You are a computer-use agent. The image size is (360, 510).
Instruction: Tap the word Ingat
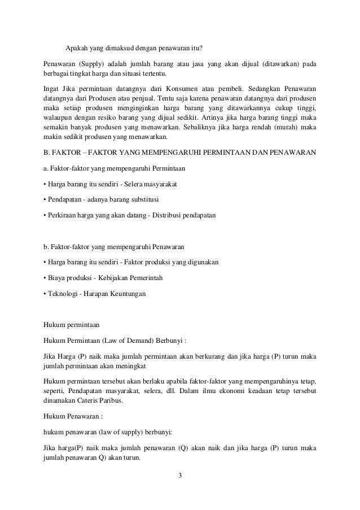(52, 89)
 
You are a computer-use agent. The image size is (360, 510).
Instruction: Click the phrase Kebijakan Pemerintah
(135, 278)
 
